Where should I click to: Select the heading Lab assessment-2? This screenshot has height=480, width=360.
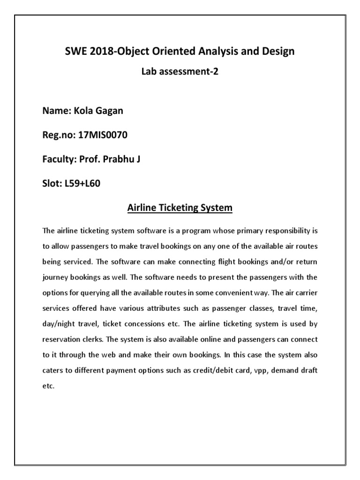point(180,72)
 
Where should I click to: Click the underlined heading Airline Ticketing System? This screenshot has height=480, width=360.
point(180,207)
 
